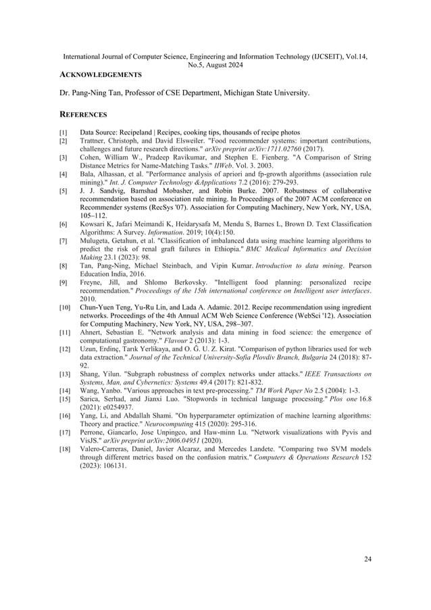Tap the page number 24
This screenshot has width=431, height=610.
coord(367,558)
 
